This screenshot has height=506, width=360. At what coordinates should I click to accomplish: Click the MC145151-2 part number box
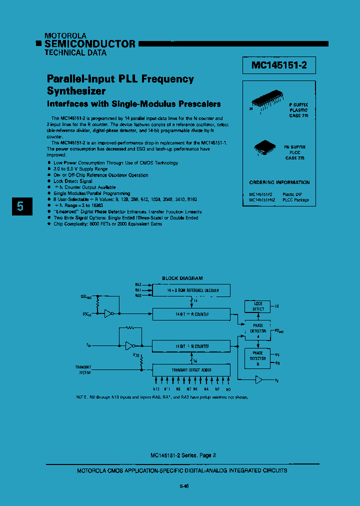tap(279, 65)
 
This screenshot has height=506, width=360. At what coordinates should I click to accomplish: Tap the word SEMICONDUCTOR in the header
tap(90, 44)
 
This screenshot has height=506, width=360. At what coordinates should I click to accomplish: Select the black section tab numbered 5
tap(20, 206)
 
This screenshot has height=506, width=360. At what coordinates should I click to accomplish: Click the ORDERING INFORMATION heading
tap(279, 182)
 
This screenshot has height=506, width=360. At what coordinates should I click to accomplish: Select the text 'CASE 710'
tap(299, 115)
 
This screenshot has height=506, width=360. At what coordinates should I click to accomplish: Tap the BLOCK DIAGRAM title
tap(182, 278)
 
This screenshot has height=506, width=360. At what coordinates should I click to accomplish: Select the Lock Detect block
tap(257, 306)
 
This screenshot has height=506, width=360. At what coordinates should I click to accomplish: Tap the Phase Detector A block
tap(257, 330)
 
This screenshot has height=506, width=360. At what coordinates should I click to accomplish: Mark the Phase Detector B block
tap(257, 358)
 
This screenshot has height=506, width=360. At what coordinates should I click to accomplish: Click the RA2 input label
tap(138, 284)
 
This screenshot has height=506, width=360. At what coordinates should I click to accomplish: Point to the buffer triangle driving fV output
tap(258, 380)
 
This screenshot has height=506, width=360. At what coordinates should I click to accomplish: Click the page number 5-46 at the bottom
tap(183, 486)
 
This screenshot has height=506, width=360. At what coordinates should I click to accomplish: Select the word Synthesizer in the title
tap(76, 91)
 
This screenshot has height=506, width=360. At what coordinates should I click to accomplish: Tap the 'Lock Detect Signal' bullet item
tap(72, 181)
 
